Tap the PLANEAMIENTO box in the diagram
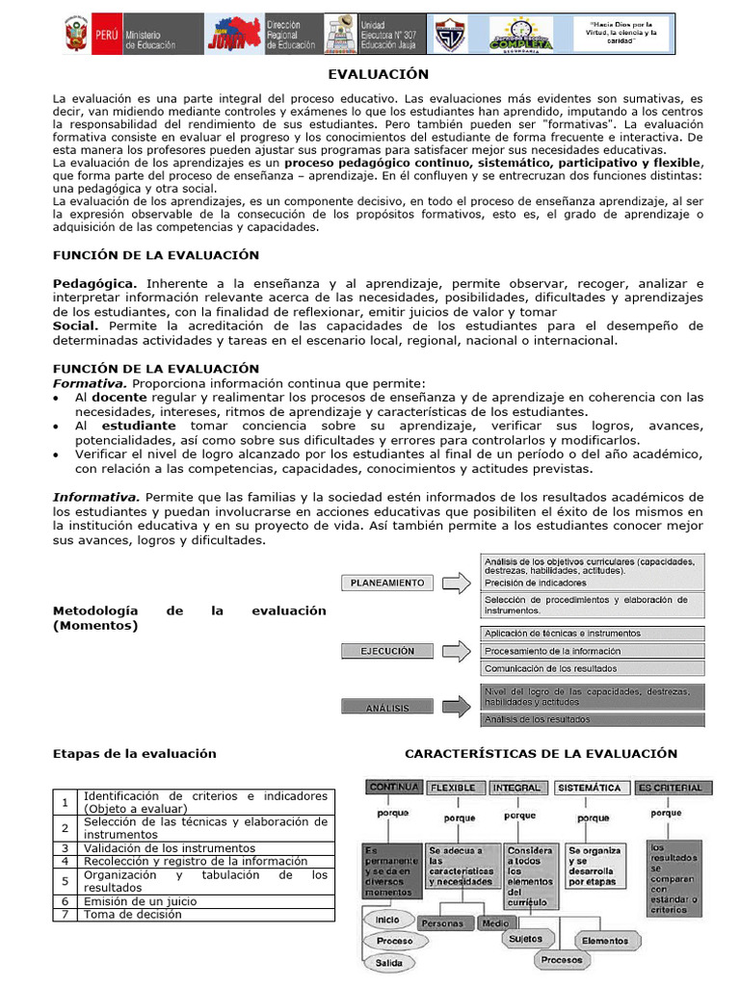[387, 583]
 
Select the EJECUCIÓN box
[387, 651]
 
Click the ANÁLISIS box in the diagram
[387, 708]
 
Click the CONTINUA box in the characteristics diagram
[393, 787]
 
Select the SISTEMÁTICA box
[589, 788]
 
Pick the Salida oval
[389, 963]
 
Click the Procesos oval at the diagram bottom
[561, 960]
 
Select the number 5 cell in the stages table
[64, 881]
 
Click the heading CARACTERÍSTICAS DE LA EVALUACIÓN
[541, 754]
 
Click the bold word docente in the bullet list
[119, 397]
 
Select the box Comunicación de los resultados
[551, 668]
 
